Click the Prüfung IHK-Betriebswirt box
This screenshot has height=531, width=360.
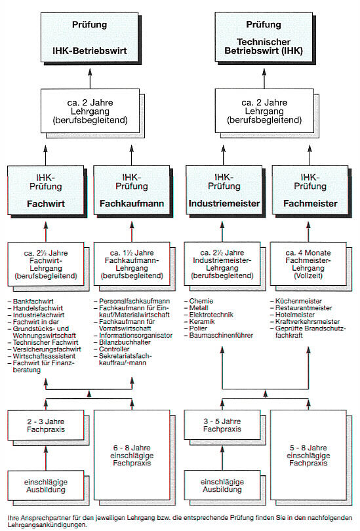pos(89,37)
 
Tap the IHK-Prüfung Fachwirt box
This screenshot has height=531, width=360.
pos(46,190)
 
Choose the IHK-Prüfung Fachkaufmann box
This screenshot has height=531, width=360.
pos(132,190)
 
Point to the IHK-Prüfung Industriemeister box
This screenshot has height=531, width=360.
pos(224,190)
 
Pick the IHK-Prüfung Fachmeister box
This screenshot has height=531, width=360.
pos(310,190)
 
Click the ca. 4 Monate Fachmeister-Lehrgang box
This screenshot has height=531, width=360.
pos(308,264)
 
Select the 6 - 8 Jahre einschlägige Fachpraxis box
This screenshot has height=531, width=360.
pos(132,455)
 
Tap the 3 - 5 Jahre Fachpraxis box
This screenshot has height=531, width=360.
pos(222,425)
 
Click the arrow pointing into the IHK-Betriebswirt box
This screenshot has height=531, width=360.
pos(90,78)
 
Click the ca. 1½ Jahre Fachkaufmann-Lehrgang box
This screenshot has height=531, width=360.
pos(132,264)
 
